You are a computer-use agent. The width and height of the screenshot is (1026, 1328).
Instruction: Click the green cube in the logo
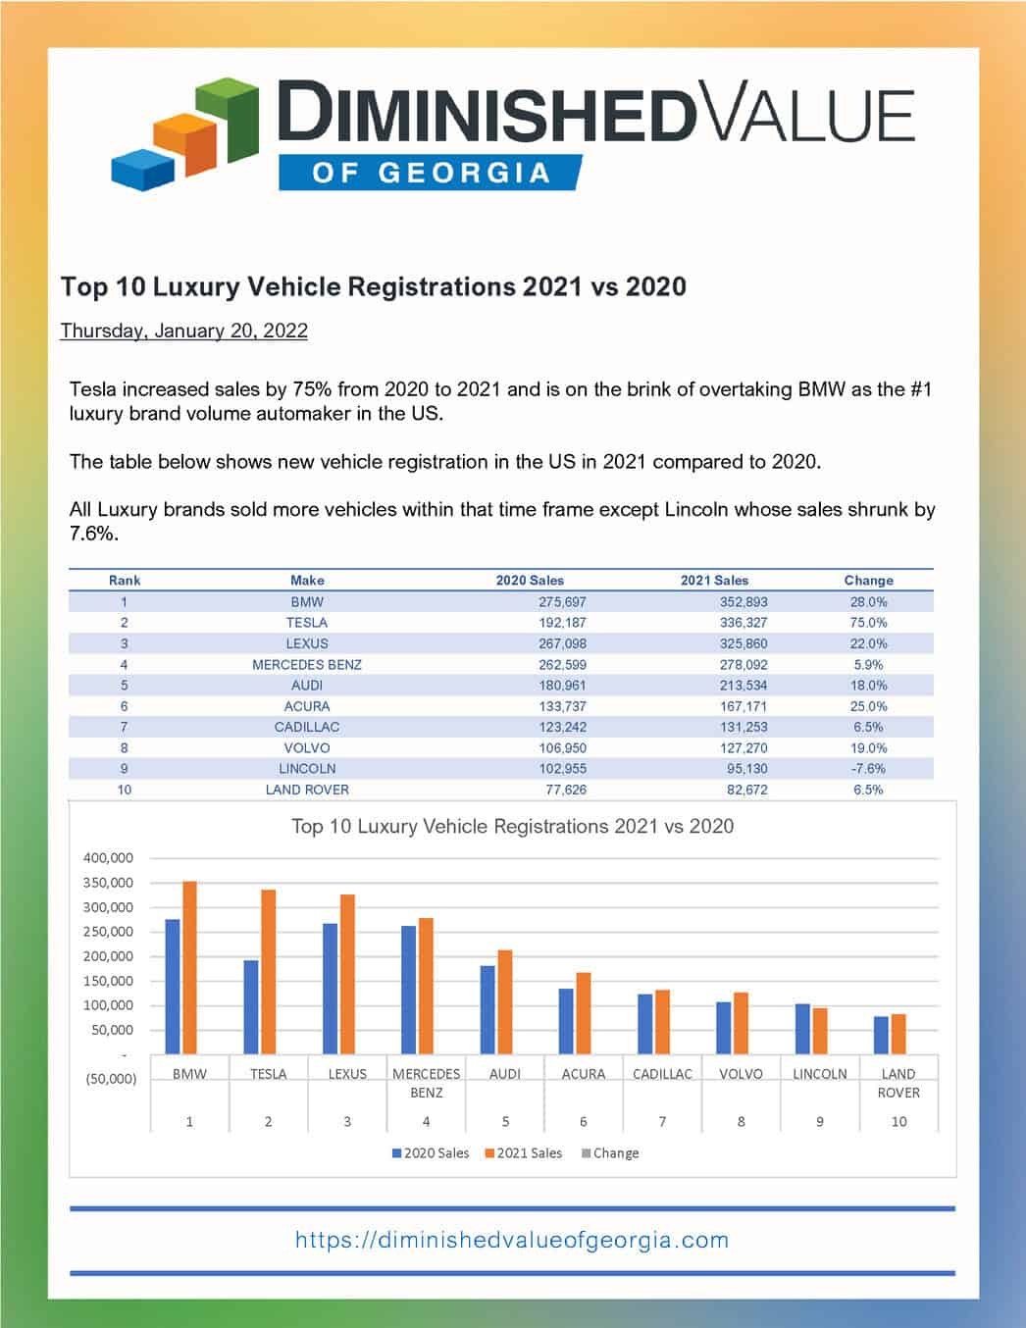point(231,120)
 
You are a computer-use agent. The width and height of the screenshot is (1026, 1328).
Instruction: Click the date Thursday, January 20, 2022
point(183,331)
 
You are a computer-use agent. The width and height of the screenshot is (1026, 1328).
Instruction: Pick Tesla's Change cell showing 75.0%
point(868,623)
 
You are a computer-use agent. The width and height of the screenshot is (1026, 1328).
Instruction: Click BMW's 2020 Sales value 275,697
point(562,602)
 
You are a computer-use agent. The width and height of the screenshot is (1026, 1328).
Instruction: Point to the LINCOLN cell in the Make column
point(307,769)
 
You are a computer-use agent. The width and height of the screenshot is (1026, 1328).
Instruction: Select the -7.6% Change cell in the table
point(868,769)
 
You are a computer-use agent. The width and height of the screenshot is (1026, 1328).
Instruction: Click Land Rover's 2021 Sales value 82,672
point(743,790)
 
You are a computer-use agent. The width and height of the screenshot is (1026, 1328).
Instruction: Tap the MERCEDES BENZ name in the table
point(307,665)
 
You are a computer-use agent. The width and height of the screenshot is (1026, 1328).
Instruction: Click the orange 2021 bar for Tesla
point(268,971)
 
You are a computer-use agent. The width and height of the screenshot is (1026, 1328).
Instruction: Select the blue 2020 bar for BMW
point(173,986)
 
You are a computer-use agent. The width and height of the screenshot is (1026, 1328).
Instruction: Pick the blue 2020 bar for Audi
point(487,1009)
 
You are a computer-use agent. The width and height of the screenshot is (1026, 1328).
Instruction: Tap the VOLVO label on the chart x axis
point(741,1074)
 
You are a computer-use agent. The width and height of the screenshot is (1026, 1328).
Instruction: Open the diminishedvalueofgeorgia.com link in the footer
point(512,1240)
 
